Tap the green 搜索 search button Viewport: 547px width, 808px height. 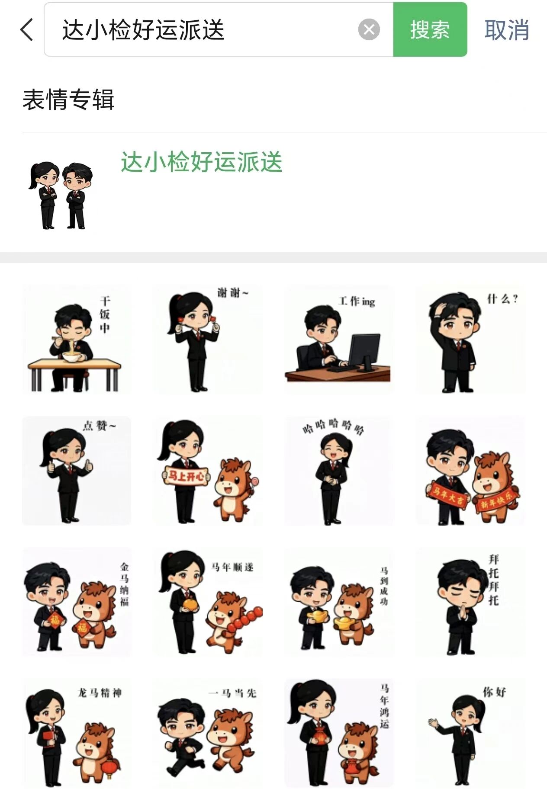(x=430, y=29)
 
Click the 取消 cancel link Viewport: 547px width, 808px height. (x=507, y=30)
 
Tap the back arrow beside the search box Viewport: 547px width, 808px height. (x=27, y=30)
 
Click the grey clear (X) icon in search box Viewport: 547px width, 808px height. (x=369, y=29)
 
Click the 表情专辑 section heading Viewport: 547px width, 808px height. (x=68, y=100)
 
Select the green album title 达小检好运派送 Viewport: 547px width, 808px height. (x=202, y=162)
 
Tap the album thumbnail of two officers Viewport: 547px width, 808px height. (x=61, y=196)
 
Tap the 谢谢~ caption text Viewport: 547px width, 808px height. (x=233, y=293)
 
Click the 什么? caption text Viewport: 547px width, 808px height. (x=502, y=299)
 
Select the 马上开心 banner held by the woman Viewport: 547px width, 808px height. (x=187, y=476)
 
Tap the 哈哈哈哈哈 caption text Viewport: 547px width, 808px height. (x=333, y=426)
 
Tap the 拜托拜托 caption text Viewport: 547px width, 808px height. (x=494, y=580)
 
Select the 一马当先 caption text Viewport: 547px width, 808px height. (x=233, y=693)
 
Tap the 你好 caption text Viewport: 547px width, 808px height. (x=495, y=692)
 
